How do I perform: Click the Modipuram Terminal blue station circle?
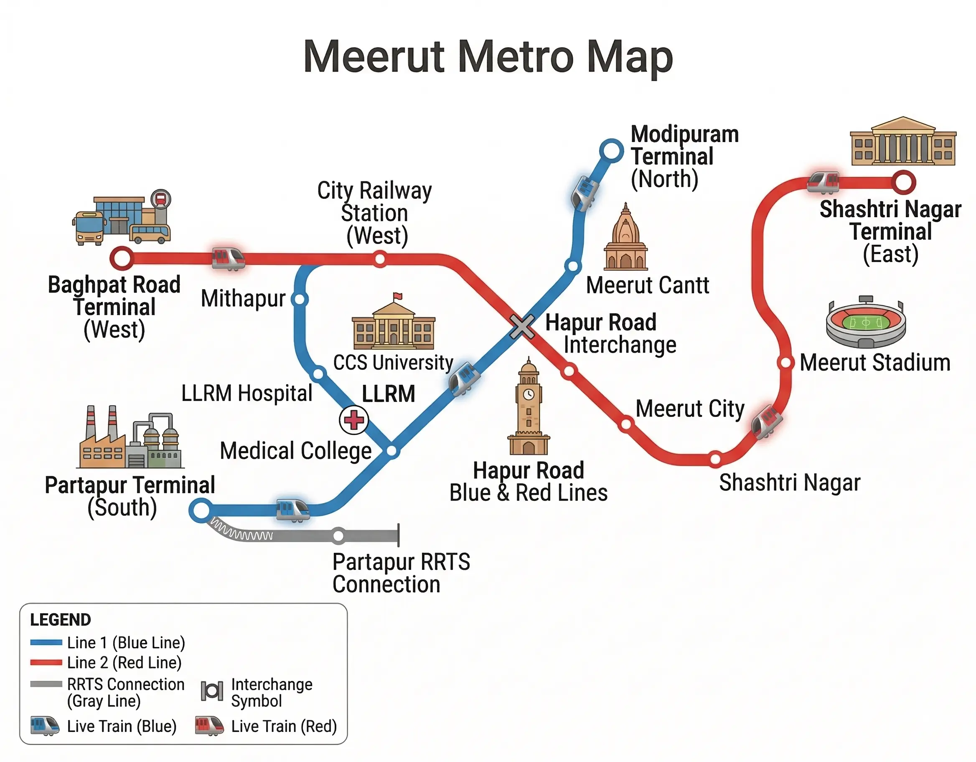coord(611,151)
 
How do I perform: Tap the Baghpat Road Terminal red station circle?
coord(122,258)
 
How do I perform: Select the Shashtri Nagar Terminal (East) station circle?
coord(903,182)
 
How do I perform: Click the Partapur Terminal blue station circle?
coord(201,510)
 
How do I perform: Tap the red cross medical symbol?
coord(354,420)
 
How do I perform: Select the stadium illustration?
coord(866,323)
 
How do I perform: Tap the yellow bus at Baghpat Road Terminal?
coord(89,228)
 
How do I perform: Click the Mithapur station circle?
coord(300,299)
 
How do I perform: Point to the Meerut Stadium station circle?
coord(785,363)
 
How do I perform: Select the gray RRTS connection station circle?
coord(339,535)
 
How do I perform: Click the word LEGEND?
coord(60,620)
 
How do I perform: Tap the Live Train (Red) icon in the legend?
coord(209,726)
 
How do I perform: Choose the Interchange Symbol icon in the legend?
coord(212,691)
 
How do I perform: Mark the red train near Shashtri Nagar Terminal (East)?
coord(823,182)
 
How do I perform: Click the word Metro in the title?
coord(515,57)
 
